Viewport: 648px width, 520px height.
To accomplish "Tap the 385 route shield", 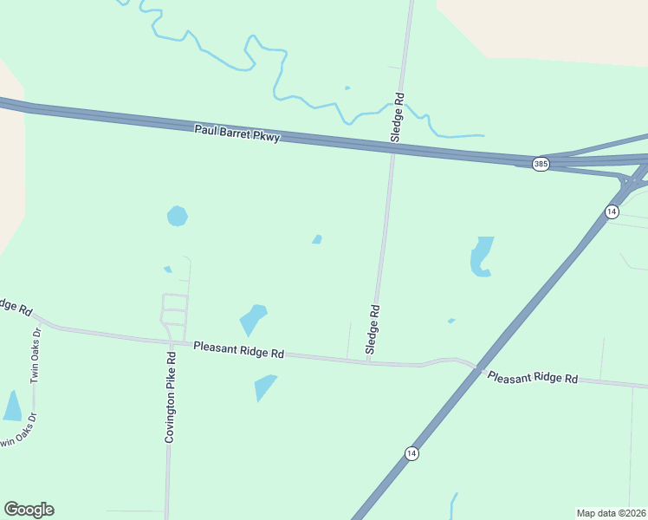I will pos(541,164).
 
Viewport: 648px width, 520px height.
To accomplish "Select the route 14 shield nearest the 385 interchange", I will pos(612,211).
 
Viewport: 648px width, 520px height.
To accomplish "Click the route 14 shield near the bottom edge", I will pos(411,453).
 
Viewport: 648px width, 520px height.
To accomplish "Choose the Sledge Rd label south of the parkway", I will pos(373,329).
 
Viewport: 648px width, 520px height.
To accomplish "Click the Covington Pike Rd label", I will pos(171,398).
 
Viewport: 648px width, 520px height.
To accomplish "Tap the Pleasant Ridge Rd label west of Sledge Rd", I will pos(239,349).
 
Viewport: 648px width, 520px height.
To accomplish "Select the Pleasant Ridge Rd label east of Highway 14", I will pos(532,378).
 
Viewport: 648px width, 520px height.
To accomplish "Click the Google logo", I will pos(29,510).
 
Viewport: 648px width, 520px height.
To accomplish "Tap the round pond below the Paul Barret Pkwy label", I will pos(177,216).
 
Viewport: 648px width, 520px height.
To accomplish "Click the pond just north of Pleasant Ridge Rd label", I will pos(253,319).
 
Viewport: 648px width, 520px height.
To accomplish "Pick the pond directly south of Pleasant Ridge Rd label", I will pos(264,387).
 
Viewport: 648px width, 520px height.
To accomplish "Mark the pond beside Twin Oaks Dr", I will pos(12,406).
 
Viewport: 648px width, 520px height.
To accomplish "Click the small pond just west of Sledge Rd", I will pos(317,239).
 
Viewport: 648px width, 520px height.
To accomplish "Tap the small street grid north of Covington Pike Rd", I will pos(173,310).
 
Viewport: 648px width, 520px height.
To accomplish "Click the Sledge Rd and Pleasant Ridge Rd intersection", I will pos(370,362).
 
